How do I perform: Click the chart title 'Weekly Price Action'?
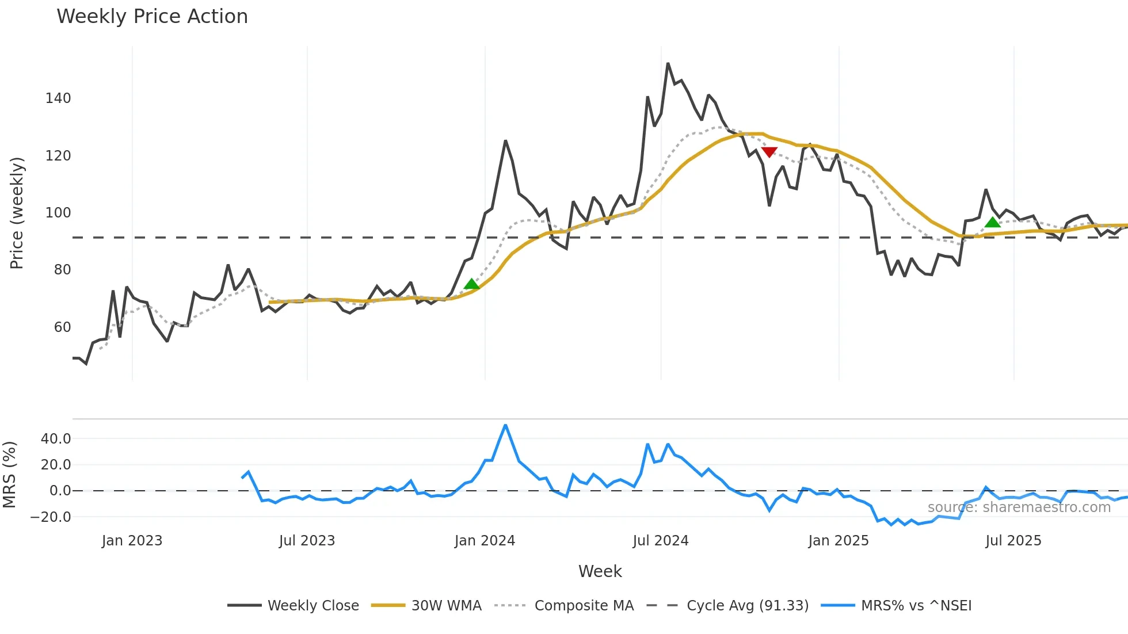pos(152,17)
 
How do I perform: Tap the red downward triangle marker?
pos(769,152)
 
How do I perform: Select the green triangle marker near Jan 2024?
pos(471,284)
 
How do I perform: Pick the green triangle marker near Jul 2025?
pos(992,222)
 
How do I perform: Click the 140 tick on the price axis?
pos(58,98)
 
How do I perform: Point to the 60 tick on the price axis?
pos(62,327)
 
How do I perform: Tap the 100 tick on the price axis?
pos(58,213)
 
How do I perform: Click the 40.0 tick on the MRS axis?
pos(56,439)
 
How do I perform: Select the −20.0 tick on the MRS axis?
pos(51,517)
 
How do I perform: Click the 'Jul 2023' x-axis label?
pos(307,541)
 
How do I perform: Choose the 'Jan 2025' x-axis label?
pos(838,541)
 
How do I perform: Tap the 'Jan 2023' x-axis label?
pos(132,541)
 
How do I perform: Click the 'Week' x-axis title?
pos(600,571)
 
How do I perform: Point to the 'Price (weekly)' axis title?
pos(17,213)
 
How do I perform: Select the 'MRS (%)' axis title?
pos(9,475)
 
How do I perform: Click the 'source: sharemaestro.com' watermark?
pos(1019,507)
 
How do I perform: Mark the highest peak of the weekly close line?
pos(668,63)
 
